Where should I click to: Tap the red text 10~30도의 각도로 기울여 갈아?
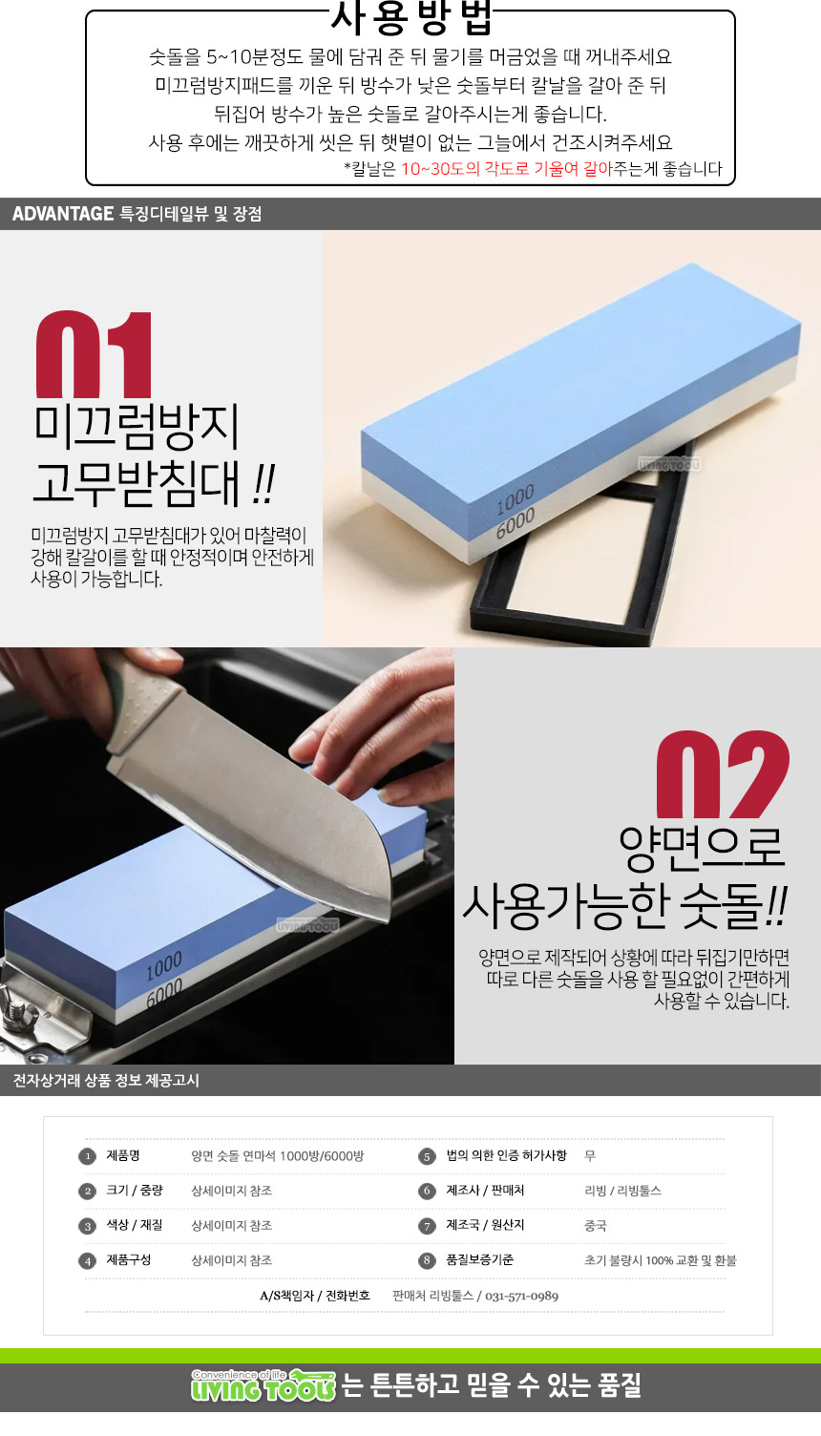click(507, 169)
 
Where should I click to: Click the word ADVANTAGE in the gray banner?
click(63, 214)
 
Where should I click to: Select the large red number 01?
click(94, 354)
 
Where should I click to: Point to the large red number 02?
click(723, 774)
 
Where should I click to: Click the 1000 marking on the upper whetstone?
click(516, 499)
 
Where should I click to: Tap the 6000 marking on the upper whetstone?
click(516, 524)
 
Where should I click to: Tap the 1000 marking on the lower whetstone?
click(164, 966)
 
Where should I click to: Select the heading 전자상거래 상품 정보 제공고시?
click(106, 1080)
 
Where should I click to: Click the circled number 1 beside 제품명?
click(87, 1156)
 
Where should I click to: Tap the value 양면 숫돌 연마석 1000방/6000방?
click(278, 1156)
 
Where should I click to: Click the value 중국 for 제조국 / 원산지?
click(596, 1225)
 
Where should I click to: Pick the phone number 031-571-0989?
click(521, 1297)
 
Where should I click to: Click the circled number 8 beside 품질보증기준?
click(427, 1260)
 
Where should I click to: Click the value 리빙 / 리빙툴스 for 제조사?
click(623, 1191)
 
